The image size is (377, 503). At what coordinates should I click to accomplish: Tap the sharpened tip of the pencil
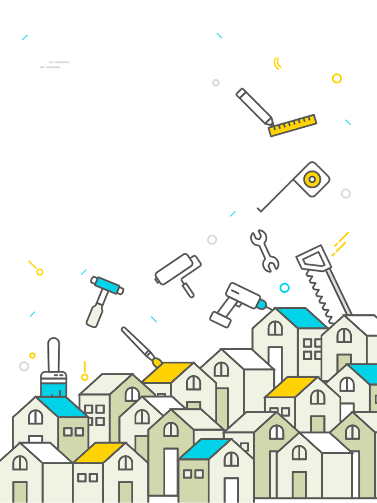pos(269,121)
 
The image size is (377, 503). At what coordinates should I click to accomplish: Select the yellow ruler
pos(293,126)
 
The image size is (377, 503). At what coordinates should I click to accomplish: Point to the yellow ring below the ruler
pos(311,179)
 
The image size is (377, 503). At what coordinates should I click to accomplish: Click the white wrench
pos(265,251)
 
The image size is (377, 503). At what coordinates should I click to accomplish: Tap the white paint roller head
pos(174,269)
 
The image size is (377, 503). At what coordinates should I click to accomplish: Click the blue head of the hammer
pos(107,285)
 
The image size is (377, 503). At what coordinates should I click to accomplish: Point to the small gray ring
pos(24,366)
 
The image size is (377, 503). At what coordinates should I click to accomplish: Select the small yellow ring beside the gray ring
pos(33,355)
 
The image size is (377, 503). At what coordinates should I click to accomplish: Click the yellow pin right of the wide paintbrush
pos(84,376)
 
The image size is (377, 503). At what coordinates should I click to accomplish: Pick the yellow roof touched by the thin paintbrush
pos(168,372)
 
